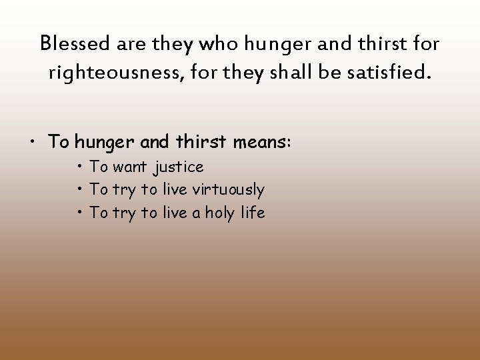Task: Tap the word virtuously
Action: [228, 190]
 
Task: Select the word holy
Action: [214, 213]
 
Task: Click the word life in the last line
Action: [252, 213]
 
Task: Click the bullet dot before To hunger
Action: [33, 143]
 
